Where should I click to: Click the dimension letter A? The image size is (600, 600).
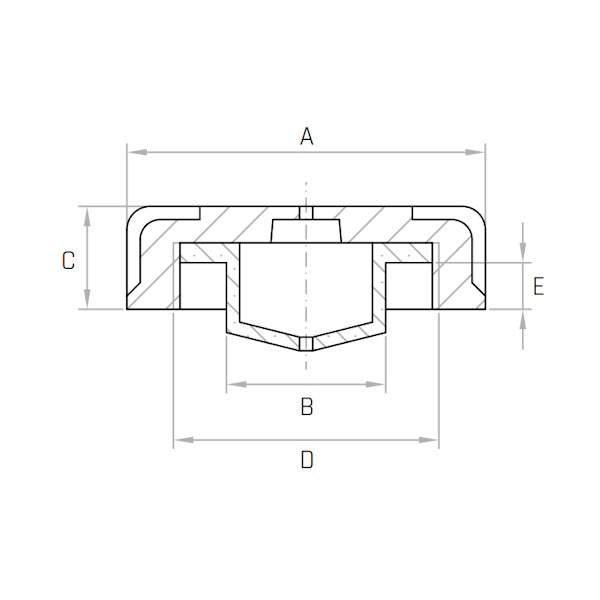point(307,136)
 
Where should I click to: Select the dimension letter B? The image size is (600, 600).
point(307,406)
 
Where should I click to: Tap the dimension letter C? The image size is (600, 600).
point(68,261)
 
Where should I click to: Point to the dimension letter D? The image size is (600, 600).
point(307,460)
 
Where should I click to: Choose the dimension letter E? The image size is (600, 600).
point(538,287)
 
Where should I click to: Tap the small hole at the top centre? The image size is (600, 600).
point(307,213)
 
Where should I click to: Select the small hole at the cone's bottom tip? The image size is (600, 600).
point(307,344)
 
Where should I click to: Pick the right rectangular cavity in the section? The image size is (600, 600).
point(409,287)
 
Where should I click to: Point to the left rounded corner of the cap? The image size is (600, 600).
point(136,217)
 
